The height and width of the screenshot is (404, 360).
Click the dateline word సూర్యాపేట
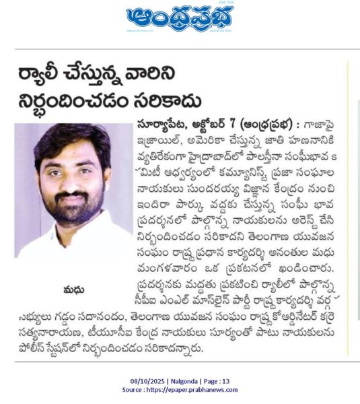[162, 125]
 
